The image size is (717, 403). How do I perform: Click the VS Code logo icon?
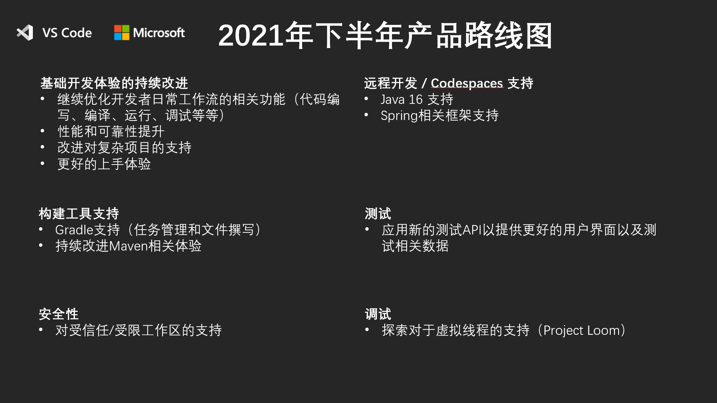point(25,33)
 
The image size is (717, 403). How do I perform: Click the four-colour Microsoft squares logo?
point(122,33)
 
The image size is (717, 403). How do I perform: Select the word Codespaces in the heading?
point(467,83)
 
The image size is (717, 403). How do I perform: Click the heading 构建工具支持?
point(79,214)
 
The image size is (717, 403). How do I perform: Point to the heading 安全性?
point(59,314)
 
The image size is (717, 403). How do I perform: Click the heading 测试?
point(378,214)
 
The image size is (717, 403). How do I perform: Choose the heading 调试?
point(378,314)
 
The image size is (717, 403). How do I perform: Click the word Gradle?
point(74,230)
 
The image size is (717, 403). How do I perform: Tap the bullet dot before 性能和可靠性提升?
point(42,131)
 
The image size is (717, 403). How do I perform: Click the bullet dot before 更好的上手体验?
point(42,163)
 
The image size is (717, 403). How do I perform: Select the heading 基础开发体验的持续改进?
point(114,83)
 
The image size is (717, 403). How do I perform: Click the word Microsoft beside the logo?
point(159,33)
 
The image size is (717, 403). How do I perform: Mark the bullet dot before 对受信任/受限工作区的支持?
point(41,330)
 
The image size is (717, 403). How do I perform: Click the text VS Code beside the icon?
point(67,33)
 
